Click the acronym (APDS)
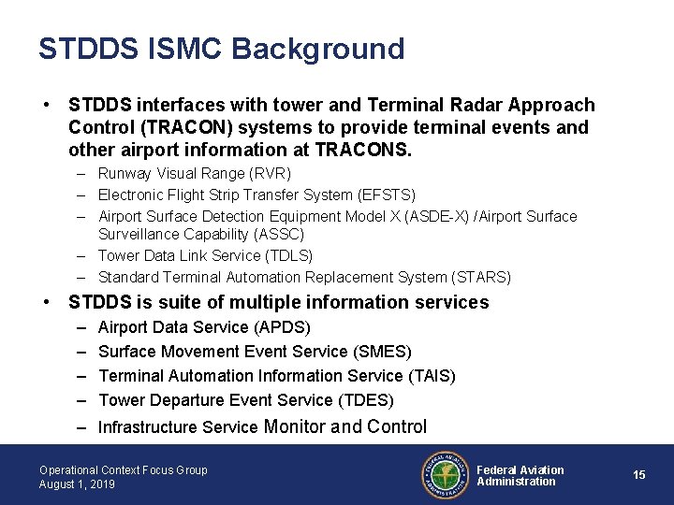[282, 327]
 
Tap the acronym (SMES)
[383, 352]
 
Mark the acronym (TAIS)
[432, 376]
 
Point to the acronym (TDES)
[366, 400]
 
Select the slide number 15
[639, 475]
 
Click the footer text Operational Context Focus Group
[124, 469]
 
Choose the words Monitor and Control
[346, 427]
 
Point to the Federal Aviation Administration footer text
[520, 475]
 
